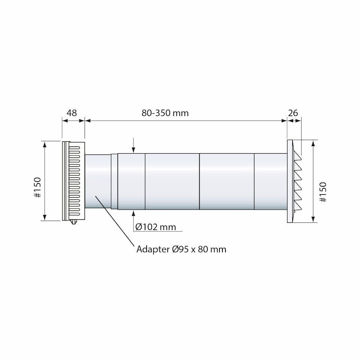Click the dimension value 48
[x=71, y=113]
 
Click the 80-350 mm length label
[x=165, y=113]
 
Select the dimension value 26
[x=293, y=113]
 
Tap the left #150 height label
[x=37, y=188]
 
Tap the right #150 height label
[x=322, y=192]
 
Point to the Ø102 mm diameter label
[x=156, y=227]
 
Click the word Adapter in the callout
[x=153, y=250]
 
